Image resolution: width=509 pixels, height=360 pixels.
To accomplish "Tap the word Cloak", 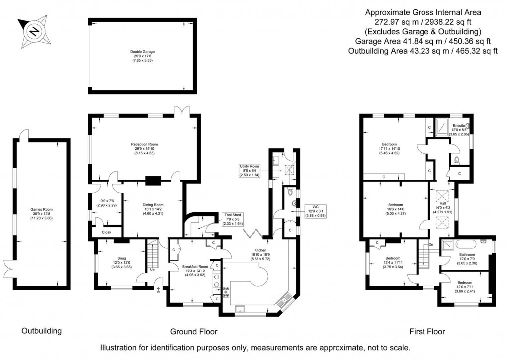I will point(107,232).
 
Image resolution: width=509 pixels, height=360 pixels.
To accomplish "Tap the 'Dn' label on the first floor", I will point(431,244).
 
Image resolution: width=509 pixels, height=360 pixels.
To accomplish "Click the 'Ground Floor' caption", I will point(194,331).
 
